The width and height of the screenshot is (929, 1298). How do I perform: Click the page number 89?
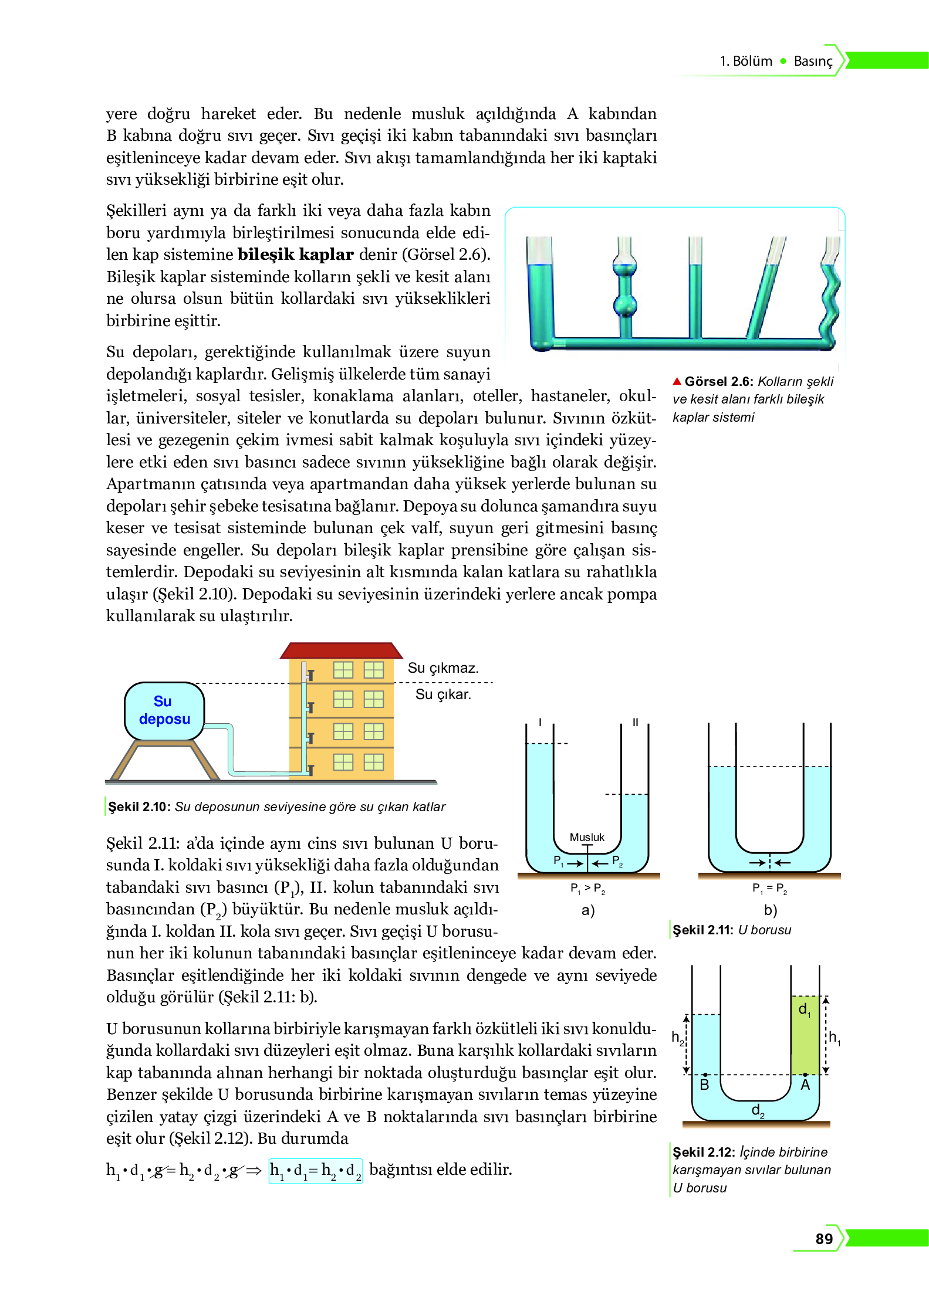point(823,1238)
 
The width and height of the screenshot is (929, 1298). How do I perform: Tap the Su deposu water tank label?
point(164,710)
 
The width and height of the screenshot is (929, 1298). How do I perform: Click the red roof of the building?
point(341,650)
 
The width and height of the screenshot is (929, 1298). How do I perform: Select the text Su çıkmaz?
point(442,668)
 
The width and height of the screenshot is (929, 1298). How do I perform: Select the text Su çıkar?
point(442,694)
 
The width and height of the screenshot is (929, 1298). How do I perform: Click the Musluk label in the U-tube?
point(586,837)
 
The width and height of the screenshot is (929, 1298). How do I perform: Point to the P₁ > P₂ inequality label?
point(587,888)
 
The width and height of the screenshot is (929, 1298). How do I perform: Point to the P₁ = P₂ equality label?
point(769,888)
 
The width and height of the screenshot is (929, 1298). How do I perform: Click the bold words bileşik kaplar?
point(295,255)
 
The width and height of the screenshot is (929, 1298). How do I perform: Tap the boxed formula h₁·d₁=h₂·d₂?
point(315,1171)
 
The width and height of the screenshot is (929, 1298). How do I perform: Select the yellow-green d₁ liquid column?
point(805,1035)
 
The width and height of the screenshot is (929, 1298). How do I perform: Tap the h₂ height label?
point(677,1038)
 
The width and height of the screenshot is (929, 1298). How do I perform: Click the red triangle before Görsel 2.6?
point(677,381)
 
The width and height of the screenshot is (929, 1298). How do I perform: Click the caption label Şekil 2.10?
point(139,806)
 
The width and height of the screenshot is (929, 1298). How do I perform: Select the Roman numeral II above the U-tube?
point(635,722)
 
